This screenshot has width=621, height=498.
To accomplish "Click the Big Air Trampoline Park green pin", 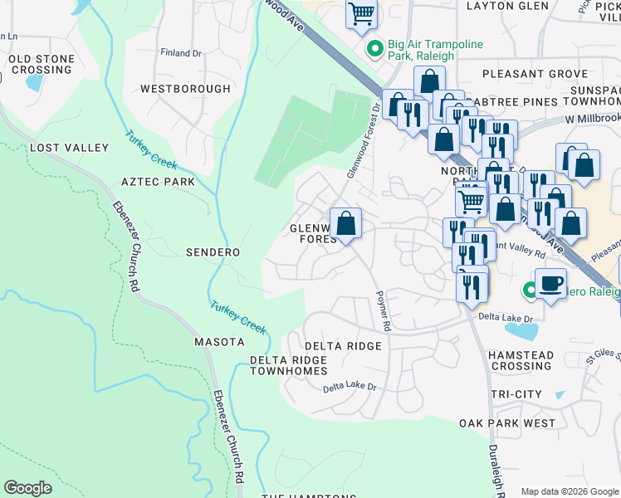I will click(x=374, y=50).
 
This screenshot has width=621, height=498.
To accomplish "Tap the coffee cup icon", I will click(x=550, y=284).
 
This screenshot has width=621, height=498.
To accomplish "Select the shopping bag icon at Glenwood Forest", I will click(x=345, y=224).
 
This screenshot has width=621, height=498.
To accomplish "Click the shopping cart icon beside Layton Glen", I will click(x=361, y=14).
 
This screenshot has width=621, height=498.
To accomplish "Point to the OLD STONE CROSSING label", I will click(x=42, y=65).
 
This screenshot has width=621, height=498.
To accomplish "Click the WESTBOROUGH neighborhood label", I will click(x=185, y=89).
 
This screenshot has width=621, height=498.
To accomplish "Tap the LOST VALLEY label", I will click(x=70, y=148).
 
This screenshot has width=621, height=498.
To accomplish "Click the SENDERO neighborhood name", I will click(x=213, y=252).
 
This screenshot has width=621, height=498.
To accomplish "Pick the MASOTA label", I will click(x=219, y=342).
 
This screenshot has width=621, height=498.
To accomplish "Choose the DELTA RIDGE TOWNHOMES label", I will click(x=288, y=365).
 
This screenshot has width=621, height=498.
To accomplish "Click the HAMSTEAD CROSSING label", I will click(x=521, y=360).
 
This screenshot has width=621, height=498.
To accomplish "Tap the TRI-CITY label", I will click(x=516, y=394).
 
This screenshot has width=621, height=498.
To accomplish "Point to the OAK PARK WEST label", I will click(x=507, y=423).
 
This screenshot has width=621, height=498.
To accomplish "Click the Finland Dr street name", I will click(x=180, y=53).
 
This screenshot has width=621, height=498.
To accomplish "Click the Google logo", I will click(x=27, y=488).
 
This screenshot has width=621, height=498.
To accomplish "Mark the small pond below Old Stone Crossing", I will click(x=36, y=81).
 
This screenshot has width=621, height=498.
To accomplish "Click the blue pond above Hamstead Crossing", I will click(x=521, y=331).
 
